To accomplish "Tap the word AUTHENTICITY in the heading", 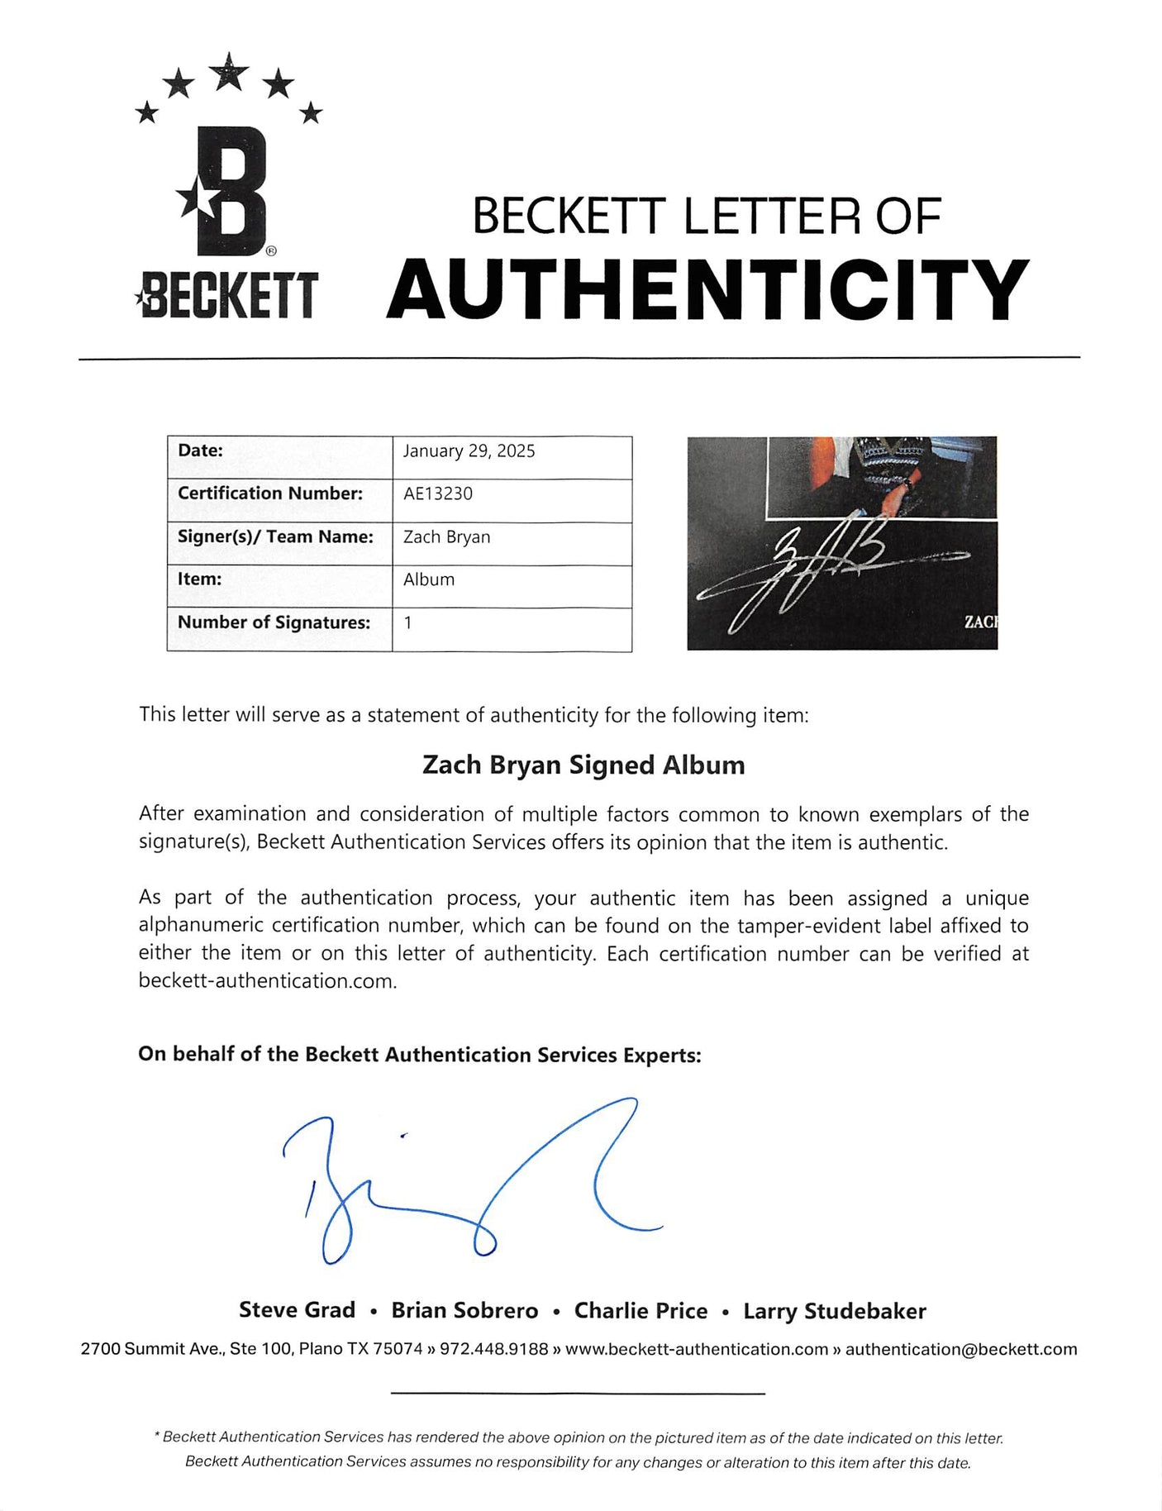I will [x=707, y=288].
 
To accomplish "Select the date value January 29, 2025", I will [x=469, y=451].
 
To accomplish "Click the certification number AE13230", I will [x=438, y=494].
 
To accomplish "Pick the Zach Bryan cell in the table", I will [x=446, y=537].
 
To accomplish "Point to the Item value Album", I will [x=429, y=580].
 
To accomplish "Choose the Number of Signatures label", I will [x=274, y=622].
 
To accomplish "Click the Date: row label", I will [x=200, y=450].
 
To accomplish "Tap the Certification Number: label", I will [x=270, y=493].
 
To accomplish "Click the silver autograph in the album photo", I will [x=818, y=570].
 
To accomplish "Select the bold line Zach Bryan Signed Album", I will [x=583, y=765].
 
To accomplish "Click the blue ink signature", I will [x=471, y=1182].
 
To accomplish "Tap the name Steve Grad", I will [x=297, y=1310].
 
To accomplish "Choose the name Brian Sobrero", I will [x=464, y=1311].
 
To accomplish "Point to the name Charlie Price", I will [x=641, y=1311].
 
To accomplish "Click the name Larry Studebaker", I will [x=835, y=1311].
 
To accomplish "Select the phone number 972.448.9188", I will [x=493, y=1349].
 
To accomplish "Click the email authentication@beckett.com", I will [x=961, y=1349].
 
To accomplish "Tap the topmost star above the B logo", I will [x=229, y=72].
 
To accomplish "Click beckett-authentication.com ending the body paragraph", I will [x=267, y=981].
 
